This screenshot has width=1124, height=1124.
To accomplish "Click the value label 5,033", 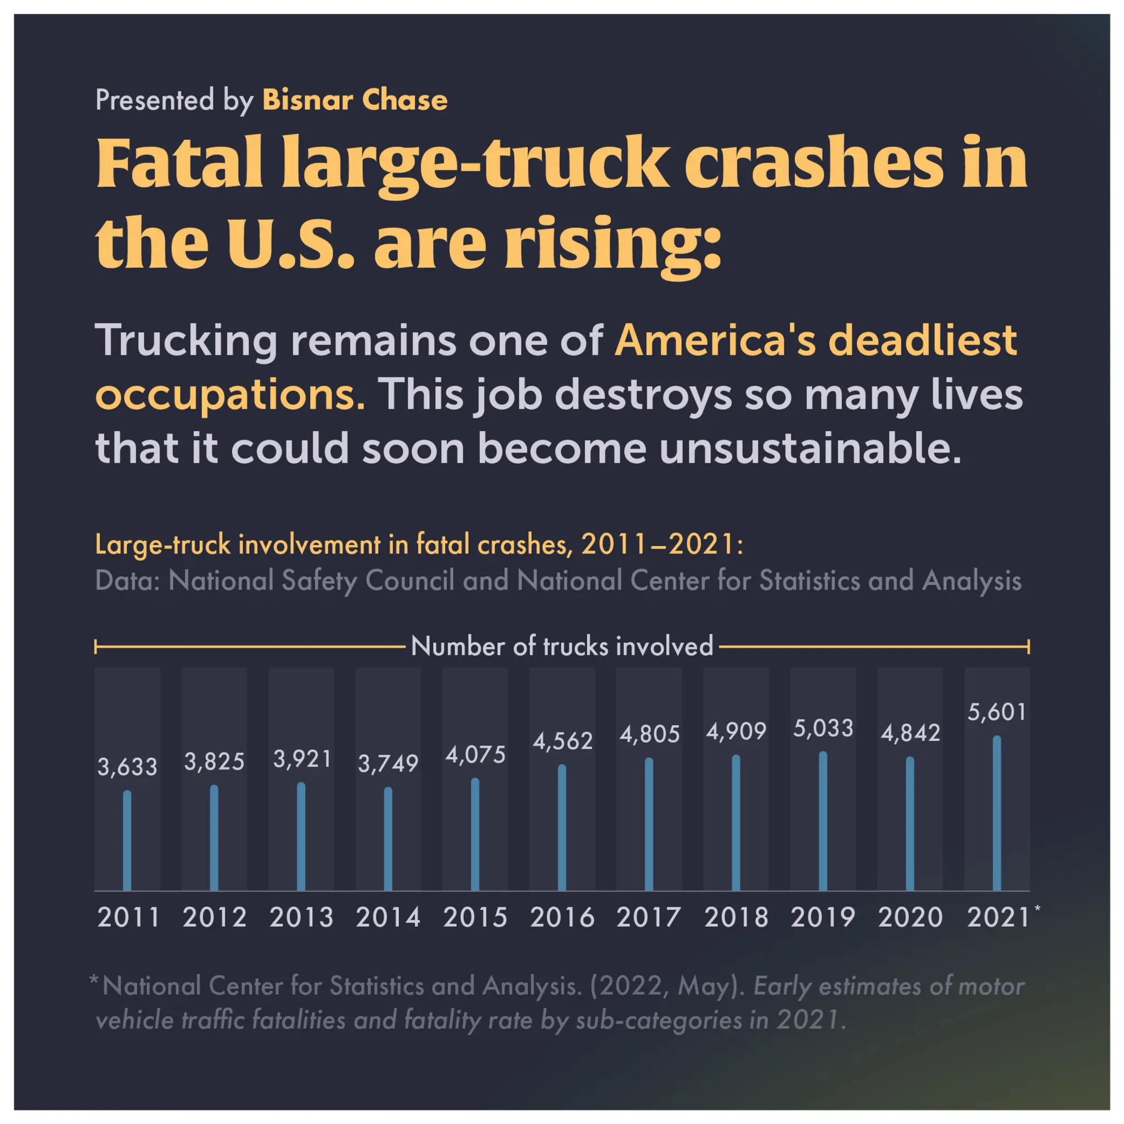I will click(x=823, y=728).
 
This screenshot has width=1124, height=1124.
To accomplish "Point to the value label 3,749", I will click(x=388, y=764).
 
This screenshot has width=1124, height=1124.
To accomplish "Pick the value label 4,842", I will click(x=910, y=733).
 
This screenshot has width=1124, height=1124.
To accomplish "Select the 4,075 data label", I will click(x=475, y=755).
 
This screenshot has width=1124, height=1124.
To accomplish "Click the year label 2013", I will click(x=301, y=918).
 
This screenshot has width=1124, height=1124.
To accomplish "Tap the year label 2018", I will click(x=736, y=918).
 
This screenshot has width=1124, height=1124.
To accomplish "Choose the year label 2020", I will click(x=910, y=918).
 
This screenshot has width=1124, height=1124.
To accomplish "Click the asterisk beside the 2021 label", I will click(x=1037, y=908).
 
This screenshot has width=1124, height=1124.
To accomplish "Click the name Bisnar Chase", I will click(x=355, y=100).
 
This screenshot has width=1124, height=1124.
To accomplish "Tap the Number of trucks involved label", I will click(x=561, y=647).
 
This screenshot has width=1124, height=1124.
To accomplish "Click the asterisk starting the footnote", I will click(x=94, y=980).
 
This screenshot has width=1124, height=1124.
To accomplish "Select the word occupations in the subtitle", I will click(x=230, y=396).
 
